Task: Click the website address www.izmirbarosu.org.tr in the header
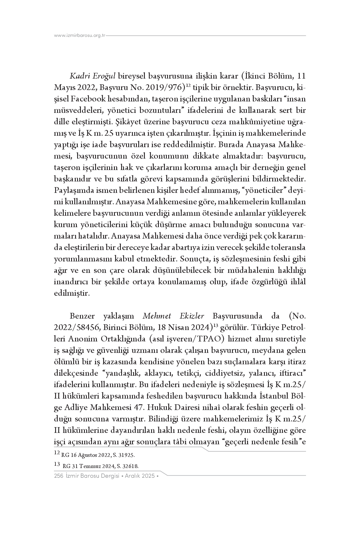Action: pyautogui.click(x=80, y=36)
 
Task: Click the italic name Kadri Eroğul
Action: pyautogui.click(x=92, y=77)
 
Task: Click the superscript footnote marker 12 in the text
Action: pyautogui.click(x=188, y=86)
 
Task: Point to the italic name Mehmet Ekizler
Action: pyautogui.click(x=173, y=316)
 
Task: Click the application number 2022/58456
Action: pyautogui.click(x=76, y=327)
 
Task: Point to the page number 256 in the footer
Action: pyautogui.click(x=58, y=476)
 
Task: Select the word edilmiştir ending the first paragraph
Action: pyautogui.click(x=72, y=293)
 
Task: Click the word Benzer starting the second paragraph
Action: pyautogui.click(x=81, y=316)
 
